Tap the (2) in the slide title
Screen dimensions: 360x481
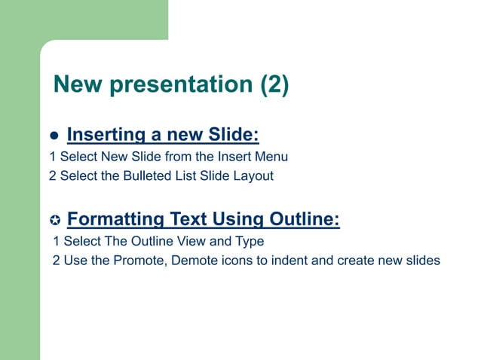pos(274,85)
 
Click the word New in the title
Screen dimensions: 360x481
pos(78,85)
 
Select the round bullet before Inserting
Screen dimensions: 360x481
pos(54,137)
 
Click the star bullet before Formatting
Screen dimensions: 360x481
pos(54,221)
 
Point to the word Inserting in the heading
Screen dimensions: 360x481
pos(106,135)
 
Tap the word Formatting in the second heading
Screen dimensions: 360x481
pos(115,219)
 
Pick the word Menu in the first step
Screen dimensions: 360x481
pos(272,157)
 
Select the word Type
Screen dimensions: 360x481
pos(250,242)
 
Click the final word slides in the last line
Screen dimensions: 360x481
pos(422,261)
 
